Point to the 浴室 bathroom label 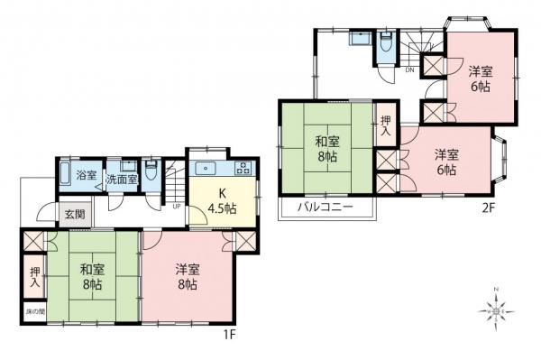pyautogui.click(x=87, y=173)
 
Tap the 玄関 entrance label pyautogui.click(x=75, y=215)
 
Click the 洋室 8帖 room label pyautogui.click(x=188, y=276)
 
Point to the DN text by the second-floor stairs pyautogui.click(x=408, y=69)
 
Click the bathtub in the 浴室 pyautogui.click(x=67, y=172)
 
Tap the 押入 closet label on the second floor pyautogui.click(x=386, y=126)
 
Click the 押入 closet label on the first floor pyautogui.click(x=33, y=277)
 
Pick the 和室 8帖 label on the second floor pyautogui.click(x=326, y=148)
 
